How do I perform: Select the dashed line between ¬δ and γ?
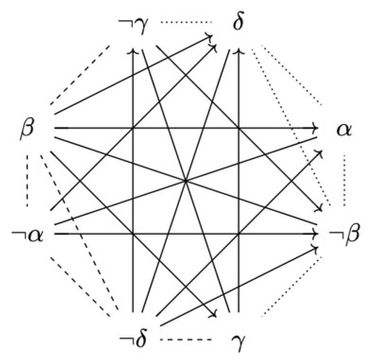185,339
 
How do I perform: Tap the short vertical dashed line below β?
27,181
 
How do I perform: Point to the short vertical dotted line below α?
344,181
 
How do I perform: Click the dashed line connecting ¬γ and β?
80,75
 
